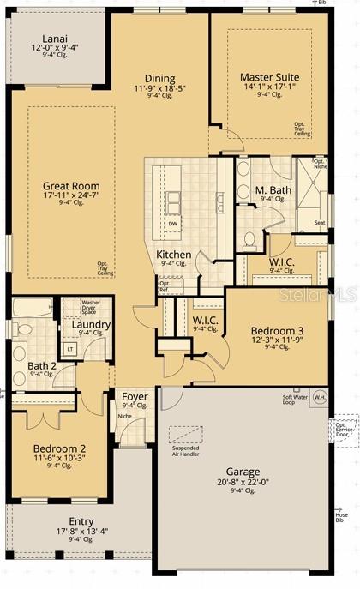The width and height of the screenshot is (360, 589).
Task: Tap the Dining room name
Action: [159, 78]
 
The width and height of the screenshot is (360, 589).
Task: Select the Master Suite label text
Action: [269, 76]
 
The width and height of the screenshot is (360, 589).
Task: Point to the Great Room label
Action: [71, 186]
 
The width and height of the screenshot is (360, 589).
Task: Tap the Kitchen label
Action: [173, 255]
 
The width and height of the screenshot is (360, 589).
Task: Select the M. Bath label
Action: [273, 190]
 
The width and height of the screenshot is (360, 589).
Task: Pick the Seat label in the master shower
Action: [319, 223]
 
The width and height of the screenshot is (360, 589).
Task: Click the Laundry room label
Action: [90, 324]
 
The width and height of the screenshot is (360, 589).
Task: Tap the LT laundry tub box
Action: [69, 348]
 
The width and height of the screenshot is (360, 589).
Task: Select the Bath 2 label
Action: [42, 365]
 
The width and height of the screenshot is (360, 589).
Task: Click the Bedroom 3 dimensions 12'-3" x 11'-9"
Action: [277, 340]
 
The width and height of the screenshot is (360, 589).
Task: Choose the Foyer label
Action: [135, 396]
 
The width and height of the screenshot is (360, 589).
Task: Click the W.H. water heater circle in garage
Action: [319, 397]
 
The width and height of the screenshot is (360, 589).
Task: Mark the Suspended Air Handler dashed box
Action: [182, 434]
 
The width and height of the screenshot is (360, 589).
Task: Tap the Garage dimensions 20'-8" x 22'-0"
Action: [243, 482]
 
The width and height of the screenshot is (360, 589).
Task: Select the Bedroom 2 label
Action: [59, 448]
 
